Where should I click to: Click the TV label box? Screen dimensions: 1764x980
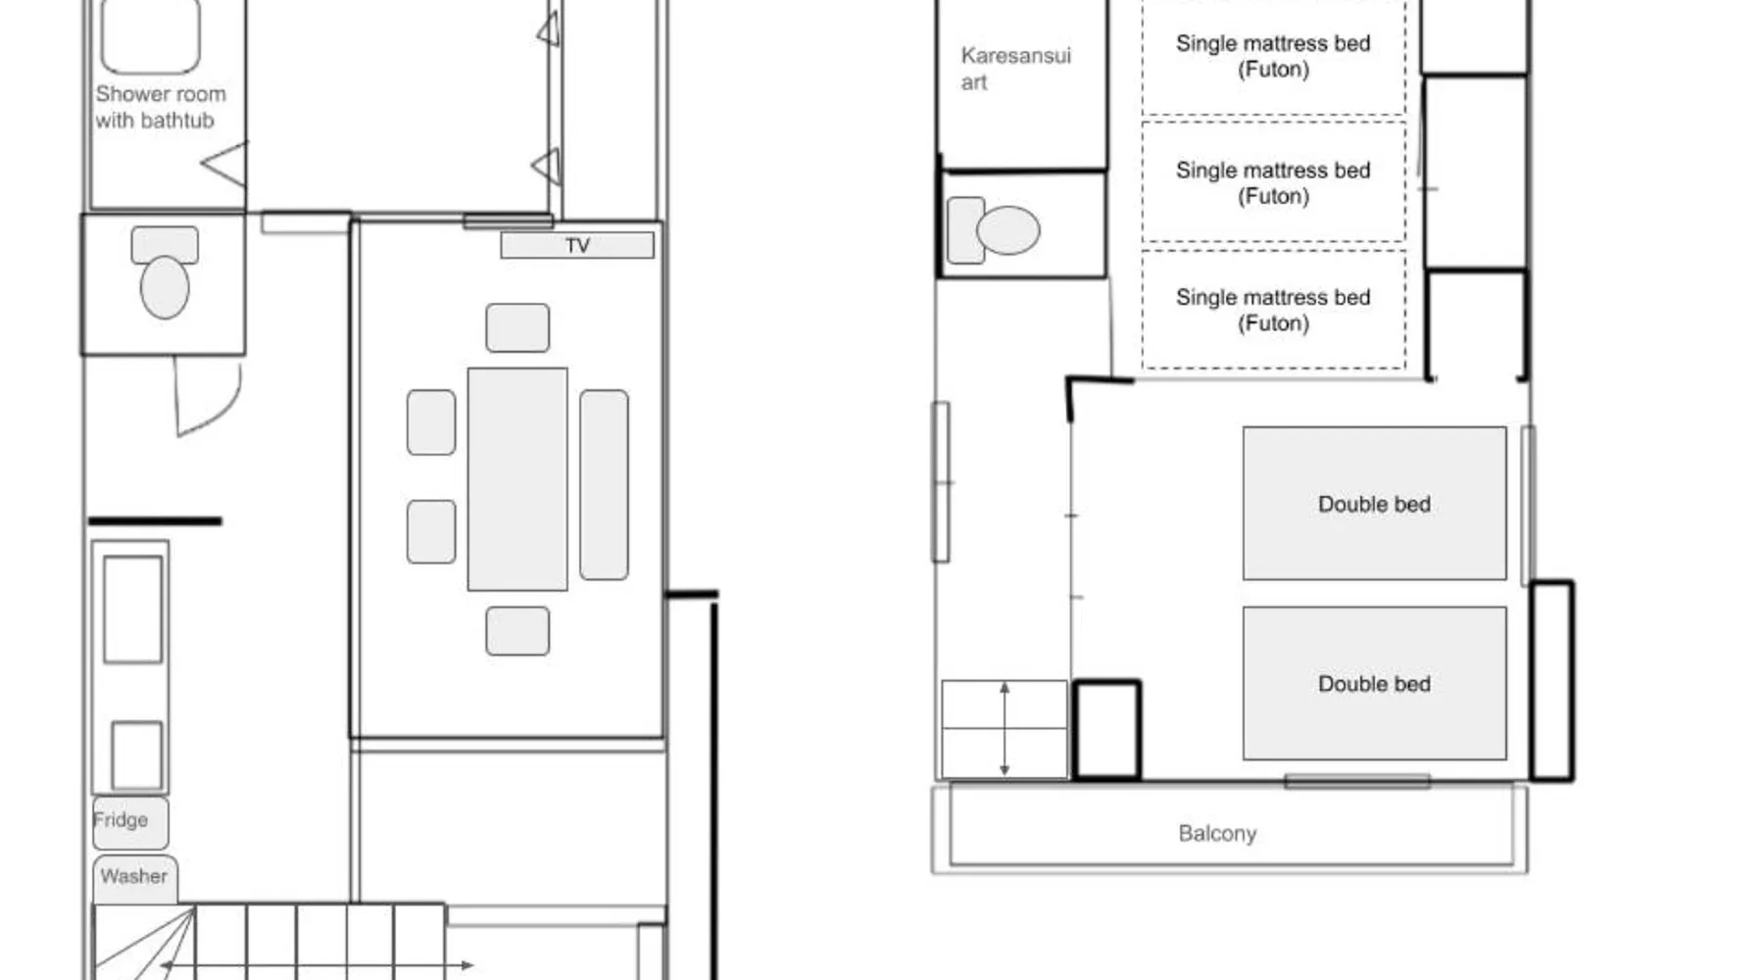click(x=577, y=245)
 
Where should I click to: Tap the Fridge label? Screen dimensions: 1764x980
click(x=121, y=819)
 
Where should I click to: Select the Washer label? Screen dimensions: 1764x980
click(x=133, y=876)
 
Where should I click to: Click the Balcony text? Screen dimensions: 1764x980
click(x=1217, y=833)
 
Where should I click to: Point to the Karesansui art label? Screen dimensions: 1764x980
click(x=1015, y=69)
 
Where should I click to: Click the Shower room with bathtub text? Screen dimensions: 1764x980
click(x=160, y=107)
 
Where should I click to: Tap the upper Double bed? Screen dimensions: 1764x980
click(x=1374, y=504)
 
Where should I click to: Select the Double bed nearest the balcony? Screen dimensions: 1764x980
click(x=1374, y=683)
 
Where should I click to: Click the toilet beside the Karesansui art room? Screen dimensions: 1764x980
click(x=994, y=230)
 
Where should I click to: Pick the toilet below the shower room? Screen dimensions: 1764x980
click(x=165, y=272)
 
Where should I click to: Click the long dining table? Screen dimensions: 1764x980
click(x=517, y=479)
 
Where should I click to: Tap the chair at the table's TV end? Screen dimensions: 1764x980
click(x=517, y=327)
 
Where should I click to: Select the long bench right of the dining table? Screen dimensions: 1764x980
click(x=604, y=485)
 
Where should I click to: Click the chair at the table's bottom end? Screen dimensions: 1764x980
click(x=517, y=631)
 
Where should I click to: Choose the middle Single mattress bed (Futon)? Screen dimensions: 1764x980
click(x=1273, y=182)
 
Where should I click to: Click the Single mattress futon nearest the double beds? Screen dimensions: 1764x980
click(x=1273, y=310)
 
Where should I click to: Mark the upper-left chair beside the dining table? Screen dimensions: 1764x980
click(x=431, y=422)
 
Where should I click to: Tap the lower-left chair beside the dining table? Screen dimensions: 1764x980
click(x=431, y=532)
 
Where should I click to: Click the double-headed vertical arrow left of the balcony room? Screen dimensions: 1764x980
click(x=1004, y=729)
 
